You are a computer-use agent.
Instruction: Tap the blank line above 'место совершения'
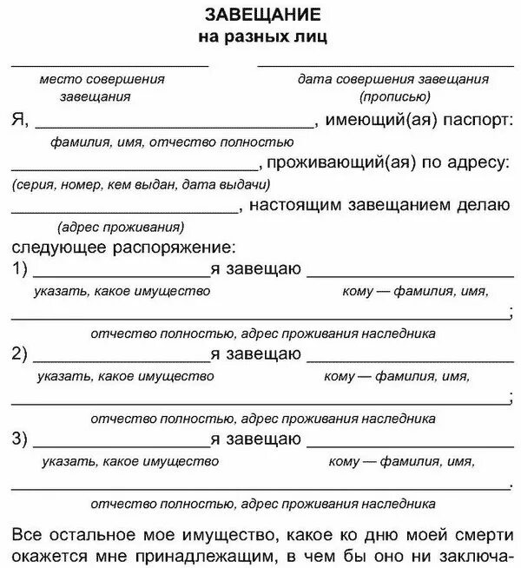[x=109, y=65]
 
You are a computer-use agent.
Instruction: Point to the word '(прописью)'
[x=393, y=96]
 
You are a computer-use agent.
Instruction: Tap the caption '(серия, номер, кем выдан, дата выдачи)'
[x=141, y=184]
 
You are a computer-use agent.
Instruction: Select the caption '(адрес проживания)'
[x=121, y=228]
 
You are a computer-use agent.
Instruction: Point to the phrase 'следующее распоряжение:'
[x=124, y=247]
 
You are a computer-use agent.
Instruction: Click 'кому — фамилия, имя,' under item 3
[x=401, y=461]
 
